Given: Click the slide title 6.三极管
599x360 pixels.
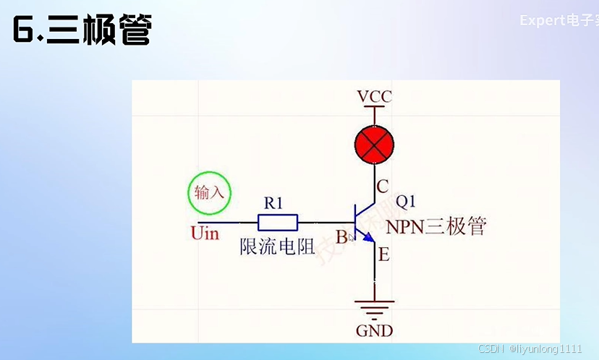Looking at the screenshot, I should pyautogui.click(x=82, y=31).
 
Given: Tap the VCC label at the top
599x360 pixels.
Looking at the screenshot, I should pyautogui.click(x=374, y=97).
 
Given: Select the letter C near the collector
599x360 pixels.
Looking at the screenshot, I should pyautogui.click(x=383, y=187).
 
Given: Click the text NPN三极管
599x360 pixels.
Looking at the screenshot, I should pyautogui.click(x=436, y=226).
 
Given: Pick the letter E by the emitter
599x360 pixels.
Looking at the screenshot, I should pyautogui.click(x=383, y=254).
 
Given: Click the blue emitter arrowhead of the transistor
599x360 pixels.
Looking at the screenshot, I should pyautogui.click(x=368, y=237).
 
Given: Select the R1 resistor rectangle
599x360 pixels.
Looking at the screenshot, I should pyautogui.click(x=278, y=222).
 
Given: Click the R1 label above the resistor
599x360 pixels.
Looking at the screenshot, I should pyautogui.click(x=273, y=203).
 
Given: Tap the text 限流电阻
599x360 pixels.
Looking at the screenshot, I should pyautogui.click(x=277, y=247).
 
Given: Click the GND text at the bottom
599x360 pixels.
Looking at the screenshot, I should pyautogui.click(x=374, y=331).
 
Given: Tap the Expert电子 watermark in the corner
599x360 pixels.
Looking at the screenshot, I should pyautogui.click(x=558, y=20).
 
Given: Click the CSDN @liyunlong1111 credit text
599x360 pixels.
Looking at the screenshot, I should pyautogui.click(x=530, y=348).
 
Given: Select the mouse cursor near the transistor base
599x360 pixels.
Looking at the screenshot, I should pyautogui.click(x=352, y=237).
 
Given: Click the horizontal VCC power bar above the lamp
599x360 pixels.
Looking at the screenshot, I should pyautogui.click(x=374, y=107).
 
